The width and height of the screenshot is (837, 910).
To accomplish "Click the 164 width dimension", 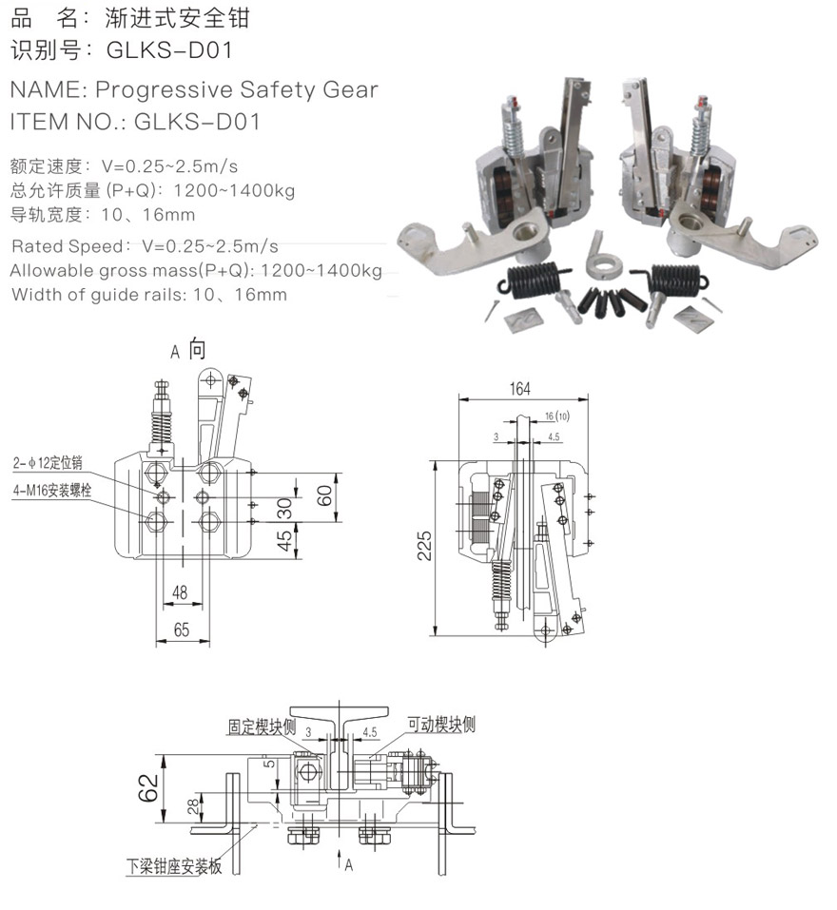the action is pyautogui.click(x=519, y=388).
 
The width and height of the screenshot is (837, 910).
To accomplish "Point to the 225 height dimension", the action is pyautogui.click(x=424, y=546).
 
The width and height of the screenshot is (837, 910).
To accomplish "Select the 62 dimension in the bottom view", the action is pyautogui.click(x=148, y=787).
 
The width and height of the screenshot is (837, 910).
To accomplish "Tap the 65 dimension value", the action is pyautogui.click(x=181, y=629).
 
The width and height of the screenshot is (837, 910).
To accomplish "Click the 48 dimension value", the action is pyautogui.click(x=180, y=592).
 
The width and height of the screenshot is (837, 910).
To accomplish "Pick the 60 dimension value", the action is pyautogui.click(x=324, y=495).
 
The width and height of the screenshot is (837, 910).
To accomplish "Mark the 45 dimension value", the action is pyautogui.click(x=283, y=541).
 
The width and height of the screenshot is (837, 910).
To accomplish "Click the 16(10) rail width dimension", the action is pyautogui.click(x=557, y=416).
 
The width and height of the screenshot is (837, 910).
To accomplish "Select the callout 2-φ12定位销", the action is pyautogui.click(x=49, y=462).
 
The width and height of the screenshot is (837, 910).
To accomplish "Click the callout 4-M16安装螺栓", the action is pyautogui.click(x=52, y=491).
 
